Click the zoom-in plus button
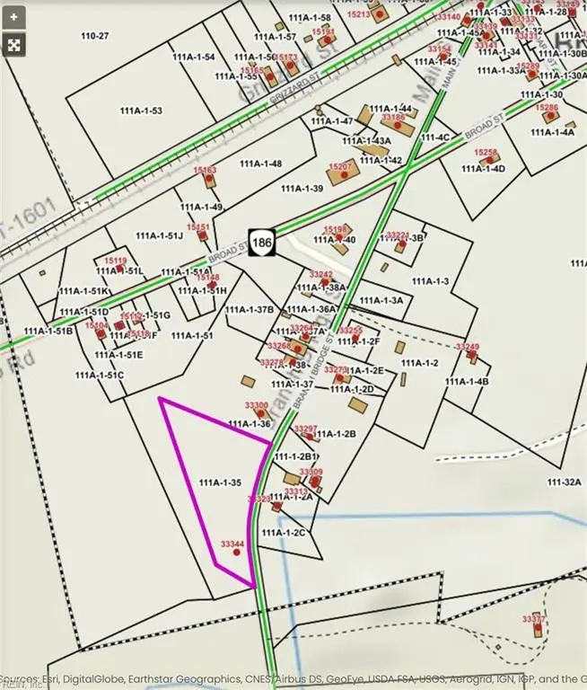pyautogui.click(x=14, y=17)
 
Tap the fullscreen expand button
pyautogui.click(x=14, y=44)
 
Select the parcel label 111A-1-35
pyautogui.click(x=220, y=483)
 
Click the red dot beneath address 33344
pyautogui.click(x=237, y=553)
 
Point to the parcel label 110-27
pyautogui.click(x=94, y=36)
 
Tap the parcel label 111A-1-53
pyautogui.click(x=141, y=111)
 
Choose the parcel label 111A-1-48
pyautogui.click(x=261, y=164)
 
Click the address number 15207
pyautogui.click(x=341, y=166)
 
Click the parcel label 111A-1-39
pyautogui.click(x=302, y=189)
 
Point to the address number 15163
pyautogui.click(x=205, y=170)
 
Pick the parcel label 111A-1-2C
pyautogui.click(x=284, y=533)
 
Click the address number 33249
pyautogui.click(x=468, y=347)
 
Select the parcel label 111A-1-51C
pyautogui.click(x=99, y=375)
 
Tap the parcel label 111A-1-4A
pyautogui.click(x=553, y=132)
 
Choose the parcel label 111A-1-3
pyautogui.click(x=429, y=281)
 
